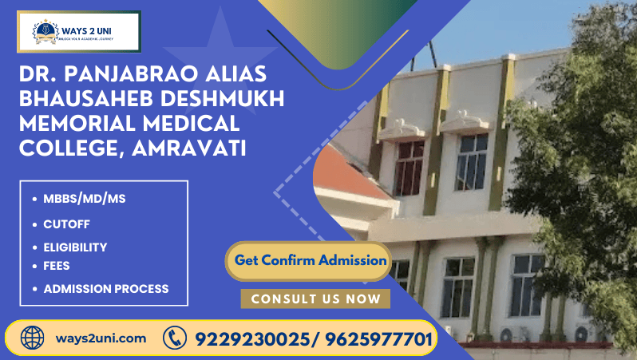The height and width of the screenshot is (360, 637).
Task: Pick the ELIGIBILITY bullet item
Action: coord(75,247)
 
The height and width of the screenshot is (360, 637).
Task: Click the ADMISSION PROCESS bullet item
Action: coord(105,288)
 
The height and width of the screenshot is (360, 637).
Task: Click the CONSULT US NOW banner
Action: coord(315,299)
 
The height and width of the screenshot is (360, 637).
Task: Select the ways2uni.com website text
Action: coord(101,338)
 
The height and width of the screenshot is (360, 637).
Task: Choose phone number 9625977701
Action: coord(377,338)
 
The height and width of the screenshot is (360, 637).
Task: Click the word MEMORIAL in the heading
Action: coord(81,124)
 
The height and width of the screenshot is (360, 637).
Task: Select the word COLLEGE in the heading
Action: coord(69,148)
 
